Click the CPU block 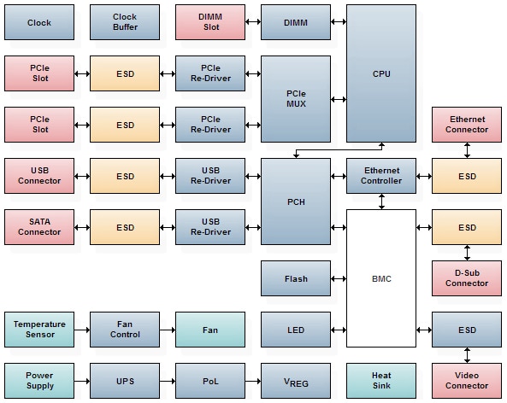[x=381, y=73]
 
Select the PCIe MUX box [x=296, y=99]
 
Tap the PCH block [x=296, y=201]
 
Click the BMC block [x=381, y=278]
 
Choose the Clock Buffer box [x=125, y=22]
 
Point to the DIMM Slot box [x=210, y=22]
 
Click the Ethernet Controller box [x=381, y=176]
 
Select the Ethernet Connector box [x=467, y=125]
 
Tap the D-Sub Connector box [x=467, y=278]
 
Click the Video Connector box [x=467, y=380]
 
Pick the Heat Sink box [x=381, y=380]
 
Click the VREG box [x=296, y=380]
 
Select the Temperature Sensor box [x=39, y=329]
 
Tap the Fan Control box [x=125, y=329]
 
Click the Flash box [x=296, y=278]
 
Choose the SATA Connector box [x=39, y=227]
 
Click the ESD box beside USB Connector [x=125, y=176]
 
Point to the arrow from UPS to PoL [x=168, y=380]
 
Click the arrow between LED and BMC [x=339, y=330]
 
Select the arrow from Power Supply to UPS [x=82, y=380]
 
